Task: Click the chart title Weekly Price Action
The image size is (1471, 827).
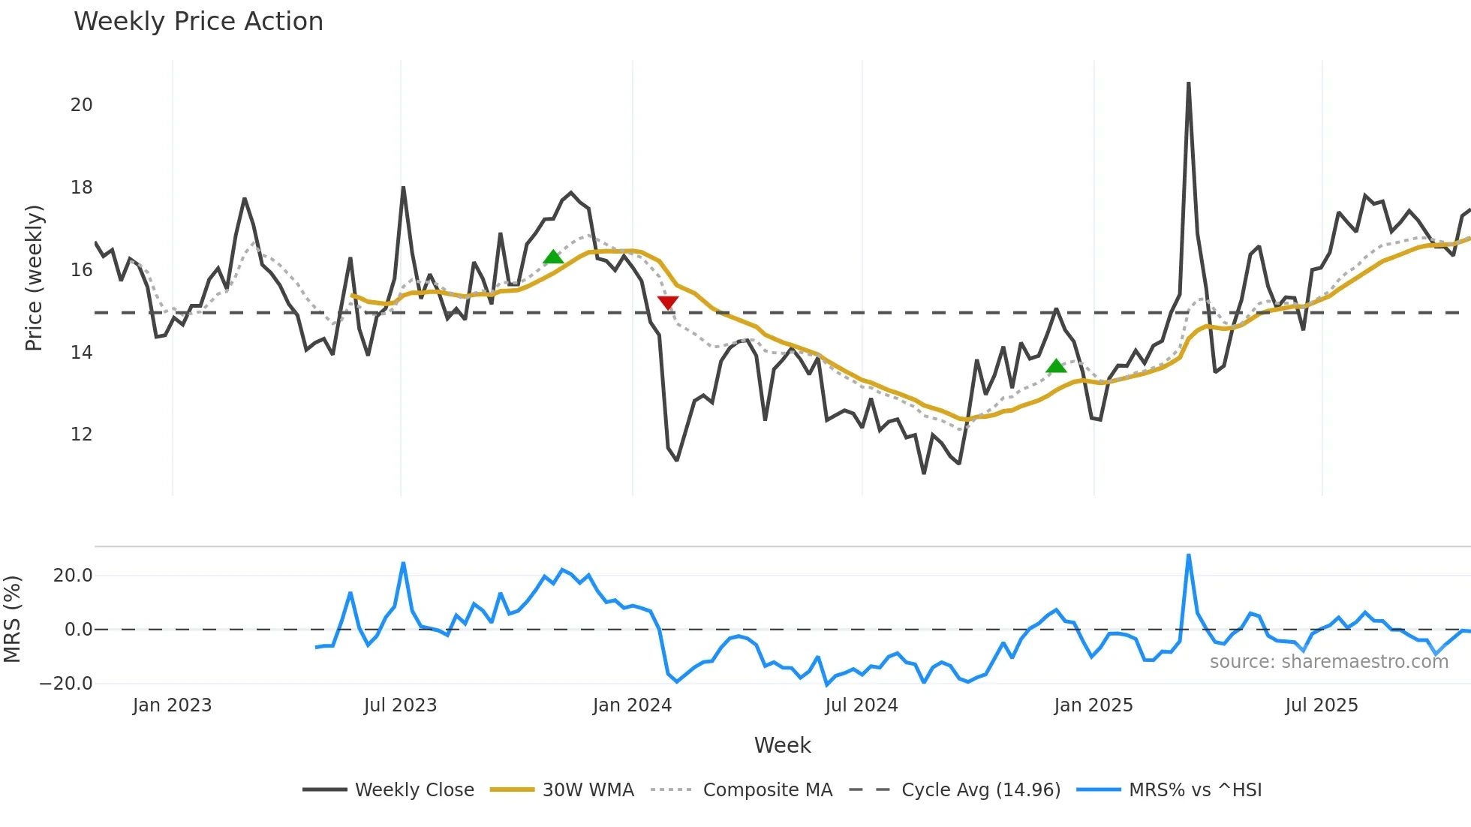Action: click(198, 22)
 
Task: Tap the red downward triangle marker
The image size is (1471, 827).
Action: click(668, 302)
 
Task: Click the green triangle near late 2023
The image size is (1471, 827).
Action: click(553, 257)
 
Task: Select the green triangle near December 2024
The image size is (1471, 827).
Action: click(1056, 366)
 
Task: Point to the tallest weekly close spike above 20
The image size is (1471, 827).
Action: click(1188, 84)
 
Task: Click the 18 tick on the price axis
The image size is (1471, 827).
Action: click(82, 188)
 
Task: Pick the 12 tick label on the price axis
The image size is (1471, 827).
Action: click(82, 435)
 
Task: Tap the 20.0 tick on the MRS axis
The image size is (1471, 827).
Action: click(73, 576)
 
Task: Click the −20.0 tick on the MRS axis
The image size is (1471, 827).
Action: click(66, 684)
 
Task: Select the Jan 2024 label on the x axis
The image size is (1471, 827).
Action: click(632, 705)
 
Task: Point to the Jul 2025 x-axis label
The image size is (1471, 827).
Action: click(1321, 705)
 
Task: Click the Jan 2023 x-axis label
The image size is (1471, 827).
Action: click(172, 705)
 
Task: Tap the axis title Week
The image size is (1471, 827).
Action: click(782, 745)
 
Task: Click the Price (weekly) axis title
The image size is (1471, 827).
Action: click(35, 278)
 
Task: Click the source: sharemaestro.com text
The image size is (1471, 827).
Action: click(1328, 662)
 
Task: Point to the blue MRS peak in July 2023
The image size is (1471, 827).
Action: click(403, 563)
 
